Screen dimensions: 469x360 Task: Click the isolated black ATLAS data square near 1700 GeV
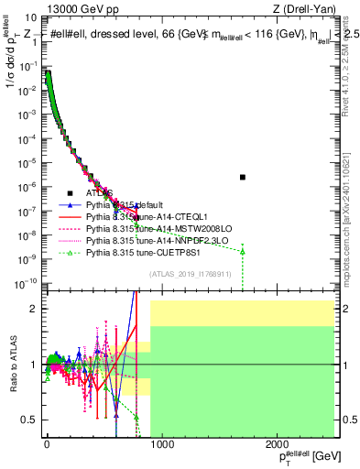[x=243, y=177]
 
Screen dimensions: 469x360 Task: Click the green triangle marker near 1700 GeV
[x=243, y=250]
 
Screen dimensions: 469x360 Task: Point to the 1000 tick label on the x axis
[x=161, y=444]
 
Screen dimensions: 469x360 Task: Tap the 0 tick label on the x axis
[x=47, y=444]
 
